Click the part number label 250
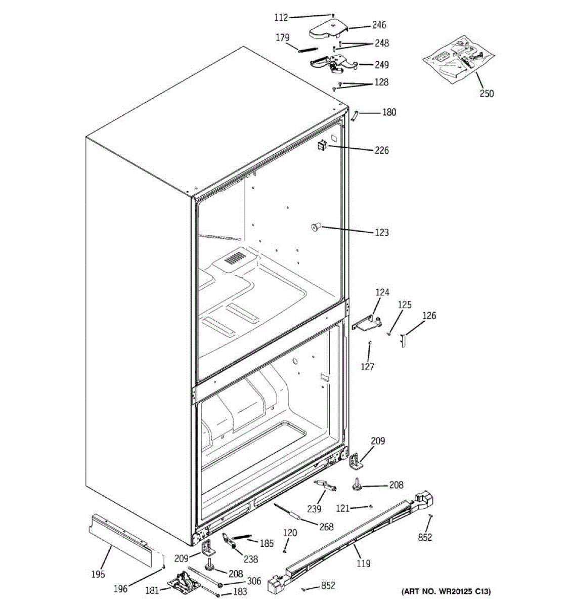coord(487,93)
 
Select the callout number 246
coord(379,25)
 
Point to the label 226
coord(382,150)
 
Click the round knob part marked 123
coord(316,228)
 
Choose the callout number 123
coord(382,232)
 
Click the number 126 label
coord(429,316)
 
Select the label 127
coord(367,367)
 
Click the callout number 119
coord(363,563)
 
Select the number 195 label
coord(98,574)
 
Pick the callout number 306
coord(254,581)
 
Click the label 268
coord(326,527)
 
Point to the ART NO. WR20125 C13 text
coord(446,591)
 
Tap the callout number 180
coord(389,112)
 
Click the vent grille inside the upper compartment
coord(235,259)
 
